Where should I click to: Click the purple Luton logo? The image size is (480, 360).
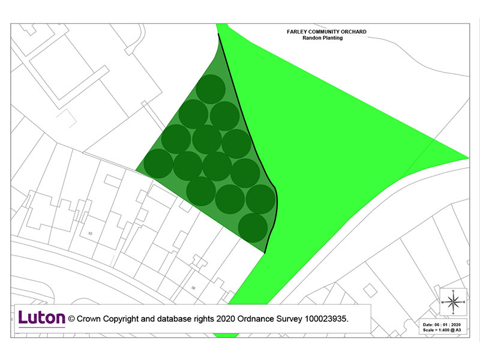[41, 318]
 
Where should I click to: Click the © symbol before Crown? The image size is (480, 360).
[71, 319]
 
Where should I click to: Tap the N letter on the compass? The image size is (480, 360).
[454, 291]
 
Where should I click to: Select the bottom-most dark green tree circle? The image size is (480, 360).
[253, 227]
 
